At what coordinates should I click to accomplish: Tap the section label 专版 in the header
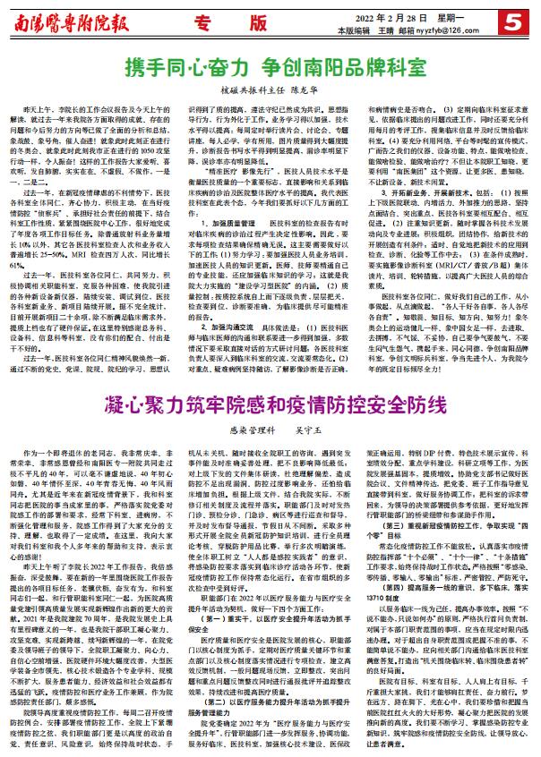tap(228, 18)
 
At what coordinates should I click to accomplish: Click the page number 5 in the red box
tap(521, 20)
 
